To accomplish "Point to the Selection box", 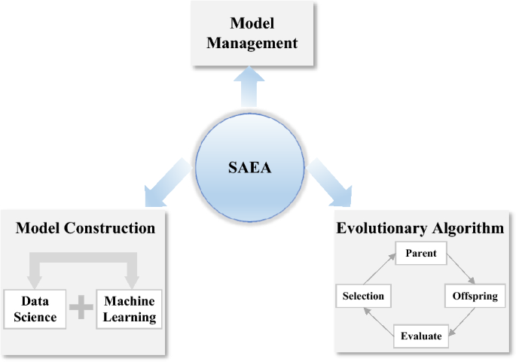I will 363,295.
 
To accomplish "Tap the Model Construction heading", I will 85,228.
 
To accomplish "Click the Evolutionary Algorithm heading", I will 420,228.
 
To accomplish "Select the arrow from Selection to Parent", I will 379,268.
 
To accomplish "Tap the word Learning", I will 130,316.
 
